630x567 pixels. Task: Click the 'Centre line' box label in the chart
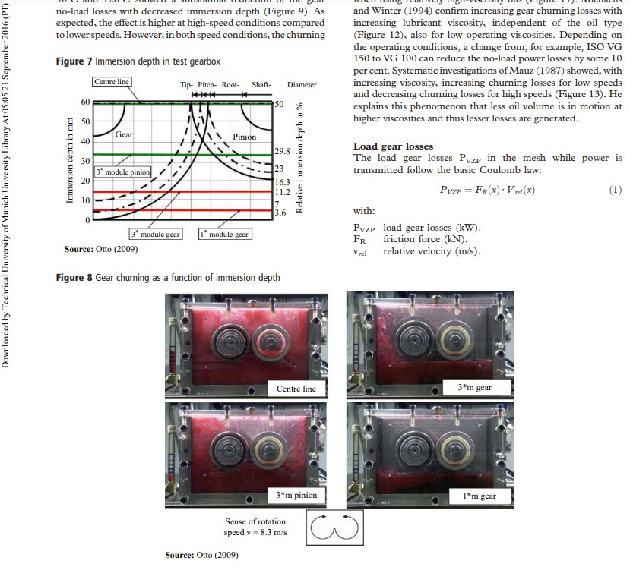(x=111, y=82)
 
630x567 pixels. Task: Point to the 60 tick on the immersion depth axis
(x=85, y=102)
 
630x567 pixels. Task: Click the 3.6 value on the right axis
(x=279, y=213)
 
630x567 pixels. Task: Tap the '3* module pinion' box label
(x=123, y=172)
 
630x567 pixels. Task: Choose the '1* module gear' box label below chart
(x=225, y=235)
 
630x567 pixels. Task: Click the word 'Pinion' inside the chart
(x=244, y=137)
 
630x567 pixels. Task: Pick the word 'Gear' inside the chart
(x=124, y=134)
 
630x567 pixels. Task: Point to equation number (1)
(x=615, y=189)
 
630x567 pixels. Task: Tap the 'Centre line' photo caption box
(x=296, y=389)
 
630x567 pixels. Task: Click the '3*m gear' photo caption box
(x=474, y=387)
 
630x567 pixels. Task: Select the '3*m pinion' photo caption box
(x=296, y=495)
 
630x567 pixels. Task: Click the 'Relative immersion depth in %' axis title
(x=299, y=158)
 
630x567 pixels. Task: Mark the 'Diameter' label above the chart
(x=302, y=85)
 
